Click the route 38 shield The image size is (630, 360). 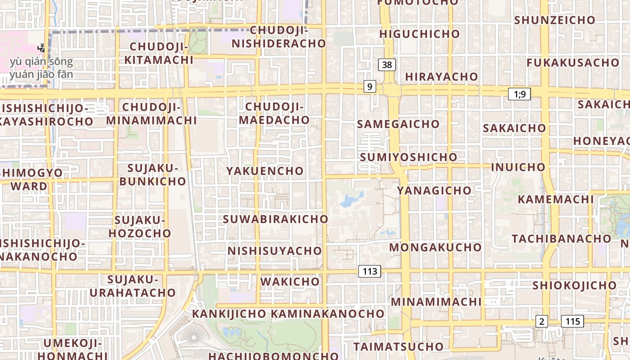[387, 65]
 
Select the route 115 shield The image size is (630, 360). [572, 321]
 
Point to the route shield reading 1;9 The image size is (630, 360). [519, 94]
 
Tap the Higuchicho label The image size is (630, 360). [419, 34]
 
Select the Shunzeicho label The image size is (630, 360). [554, 20]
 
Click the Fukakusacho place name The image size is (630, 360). [573, 63]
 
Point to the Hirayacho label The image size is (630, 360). [441, 77]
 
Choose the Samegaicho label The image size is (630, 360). [398, 124]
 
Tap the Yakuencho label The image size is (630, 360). [265, 171]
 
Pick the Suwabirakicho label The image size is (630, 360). [276, 219]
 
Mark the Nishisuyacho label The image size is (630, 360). [275, 251]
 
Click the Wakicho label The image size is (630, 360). [290, 282]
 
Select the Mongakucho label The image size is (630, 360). [436, 247]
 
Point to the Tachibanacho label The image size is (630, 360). [562, 238]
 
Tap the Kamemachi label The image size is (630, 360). [556, 199]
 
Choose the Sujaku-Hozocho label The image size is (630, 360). [140, 227]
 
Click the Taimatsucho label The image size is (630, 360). [399, 346]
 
